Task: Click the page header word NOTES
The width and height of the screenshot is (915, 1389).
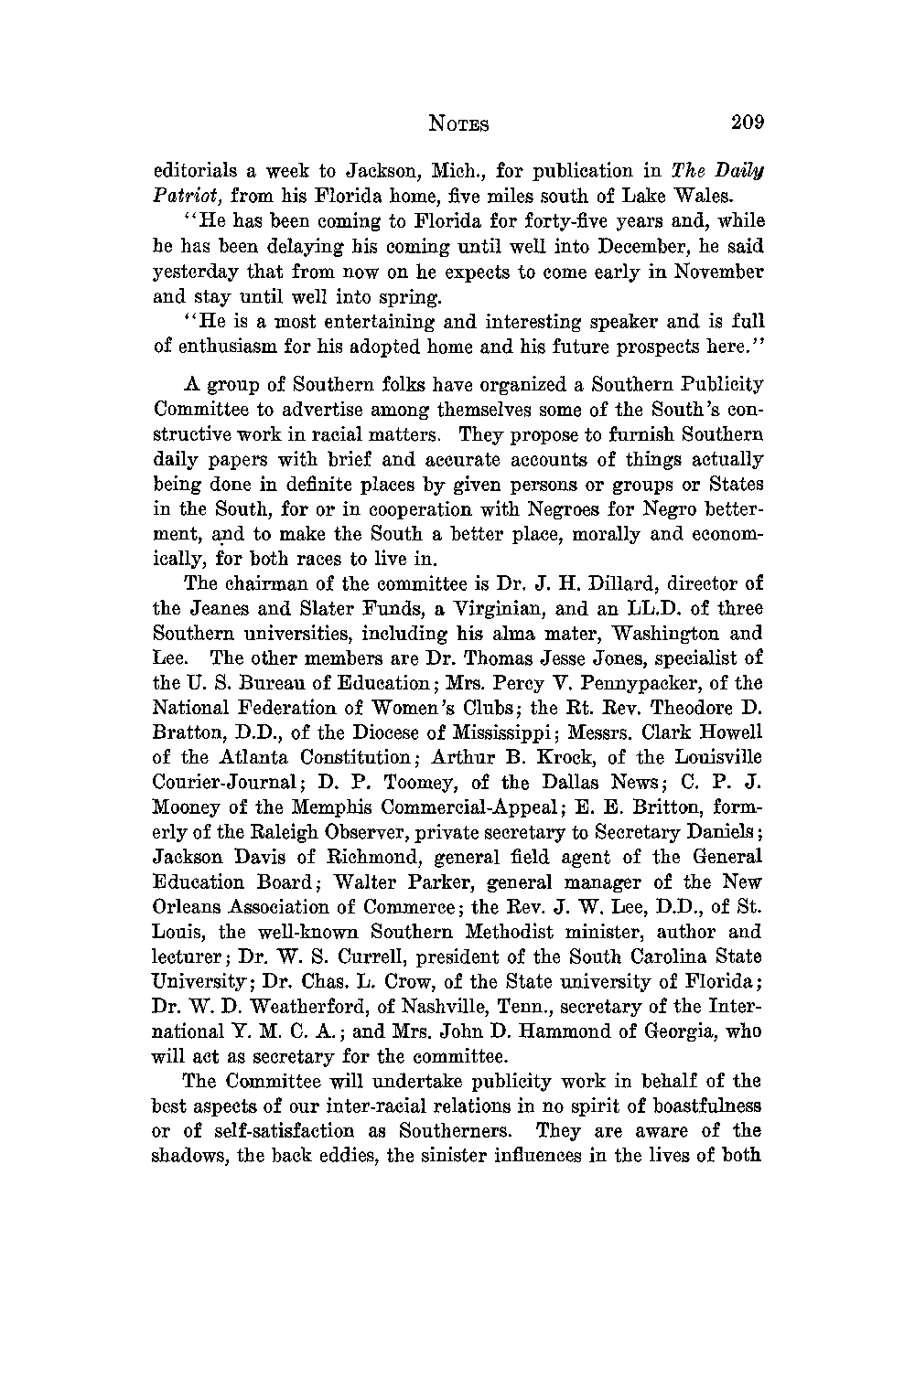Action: click(458, 124)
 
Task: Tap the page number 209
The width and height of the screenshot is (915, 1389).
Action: click(747, 123)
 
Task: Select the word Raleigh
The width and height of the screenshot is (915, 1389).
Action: click(277, 832)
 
